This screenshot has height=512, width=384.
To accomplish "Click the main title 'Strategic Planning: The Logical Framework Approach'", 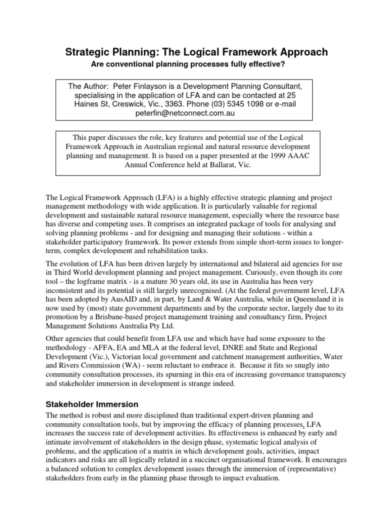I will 196,52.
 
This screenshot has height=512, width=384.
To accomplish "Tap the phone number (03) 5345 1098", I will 223,104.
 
